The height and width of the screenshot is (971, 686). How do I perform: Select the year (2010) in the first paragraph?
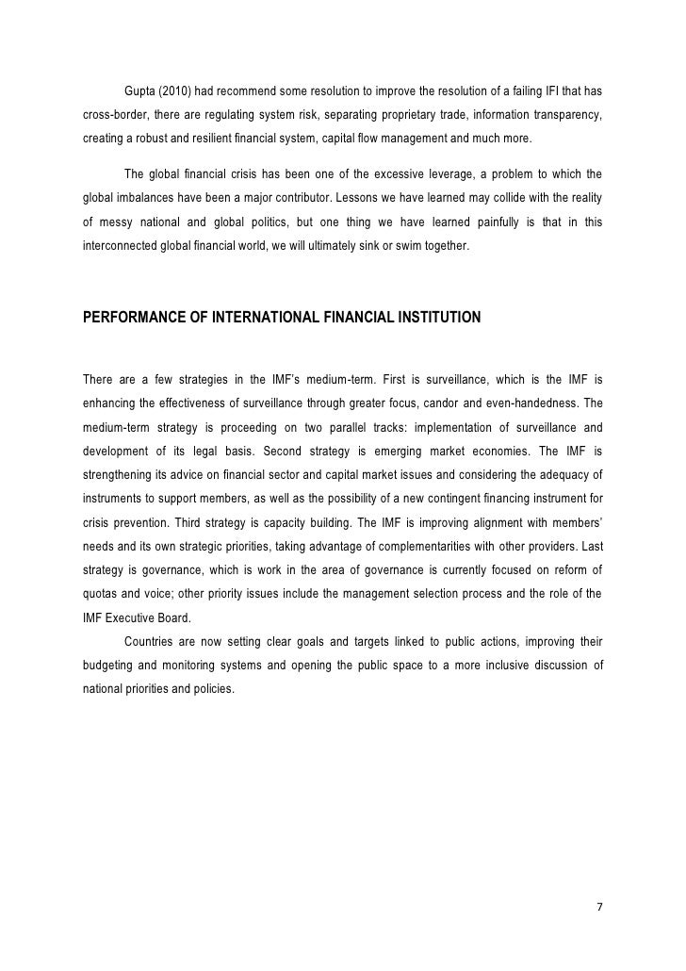click(178, 91)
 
